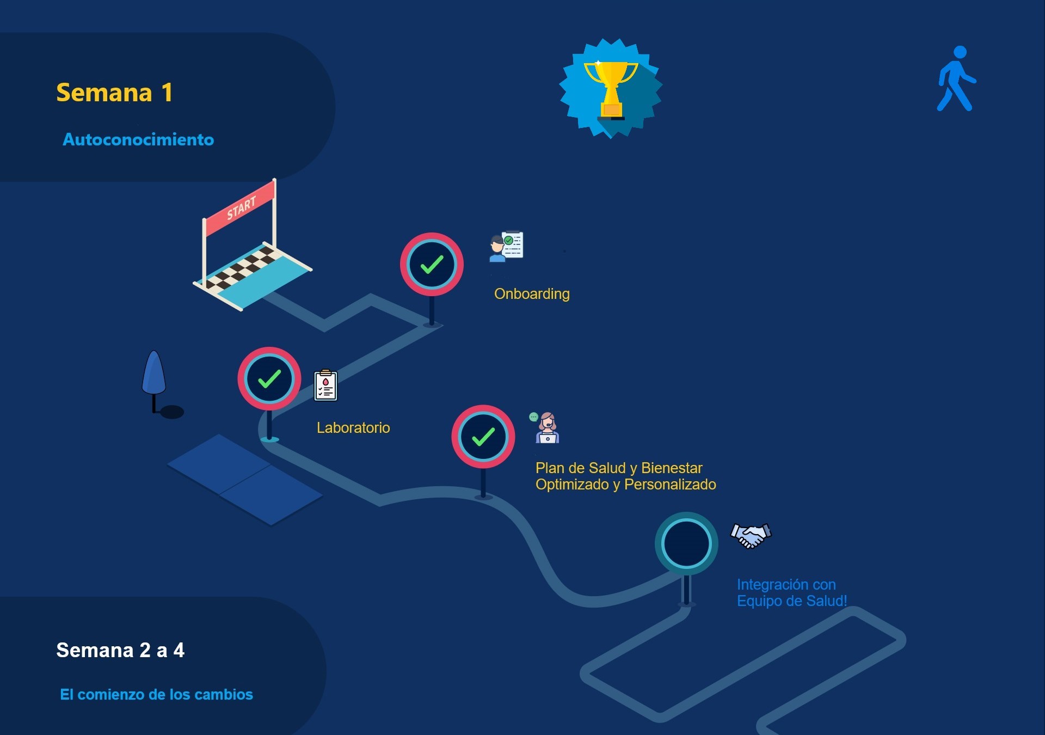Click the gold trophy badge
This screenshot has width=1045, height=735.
pos(611,88)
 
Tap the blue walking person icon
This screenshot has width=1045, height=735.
pos(956,79)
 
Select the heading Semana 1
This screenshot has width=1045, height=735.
pos(114,93)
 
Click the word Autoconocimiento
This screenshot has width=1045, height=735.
pos(138,140)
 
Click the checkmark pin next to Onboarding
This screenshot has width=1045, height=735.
pos(432,265)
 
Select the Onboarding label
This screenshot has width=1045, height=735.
pos(532,294)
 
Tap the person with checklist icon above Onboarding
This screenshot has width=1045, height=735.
pos(506,246)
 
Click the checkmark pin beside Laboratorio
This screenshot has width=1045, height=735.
pos(269,379)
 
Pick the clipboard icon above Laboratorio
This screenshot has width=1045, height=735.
pos(325,385)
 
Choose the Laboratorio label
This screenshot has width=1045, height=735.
pos(353,428)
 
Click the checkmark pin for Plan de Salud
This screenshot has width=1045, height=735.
pos(483,437)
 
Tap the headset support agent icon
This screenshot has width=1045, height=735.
pos(546,427)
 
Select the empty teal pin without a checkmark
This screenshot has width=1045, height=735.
pos(686,543)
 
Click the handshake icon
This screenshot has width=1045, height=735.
pos(751,535)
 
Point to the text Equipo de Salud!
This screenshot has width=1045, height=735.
pos(792,601)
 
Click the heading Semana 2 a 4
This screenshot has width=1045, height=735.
pos(120,650)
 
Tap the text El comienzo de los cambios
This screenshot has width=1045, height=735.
pos(156,695)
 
